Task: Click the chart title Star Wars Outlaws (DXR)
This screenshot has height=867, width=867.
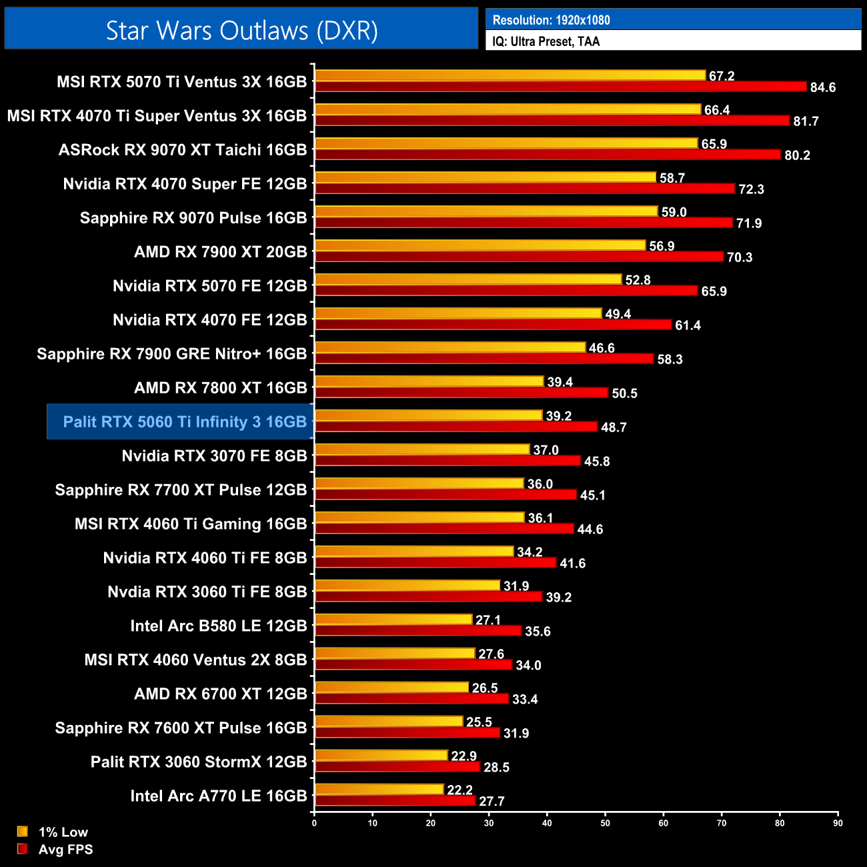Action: pos(241,31)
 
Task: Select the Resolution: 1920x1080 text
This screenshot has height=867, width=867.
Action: pos(551,20)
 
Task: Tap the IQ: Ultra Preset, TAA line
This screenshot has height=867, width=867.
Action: pos(546,41)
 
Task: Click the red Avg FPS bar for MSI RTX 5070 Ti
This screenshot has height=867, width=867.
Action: pos(560,87)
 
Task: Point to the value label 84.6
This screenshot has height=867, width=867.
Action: pos(822,87)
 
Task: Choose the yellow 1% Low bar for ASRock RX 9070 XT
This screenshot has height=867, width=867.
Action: pos(506,143)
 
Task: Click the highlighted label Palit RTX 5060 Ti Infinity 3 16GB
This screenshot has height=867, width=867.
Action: pos(184,421)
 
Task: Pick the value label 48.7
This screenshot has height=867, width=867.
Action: pos(614,427)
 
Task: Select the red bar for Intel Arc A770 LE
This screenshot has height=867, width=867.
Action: pos(395,800)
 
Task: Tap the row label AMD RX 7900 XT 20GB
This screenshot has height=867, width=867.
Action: pos(220,252)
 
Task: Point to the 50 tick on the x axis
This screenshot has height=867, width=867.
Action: pos(605,823)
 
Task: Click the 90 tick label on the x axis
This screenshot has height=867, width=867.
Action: pos(838,823)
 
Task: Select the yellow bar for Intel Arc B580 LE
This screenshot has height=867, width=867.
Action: pos(393,620)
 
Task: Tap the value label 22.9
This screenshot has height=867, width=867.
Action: pos(464,756)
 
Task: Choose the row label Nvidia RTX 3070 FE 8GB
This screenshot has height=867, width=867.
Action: pos(214,456)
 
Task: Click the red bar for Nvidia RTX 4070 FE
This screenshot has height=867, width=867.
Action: pos(493,325)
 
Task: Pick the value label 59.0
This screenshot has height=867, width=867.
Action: pos(674,212)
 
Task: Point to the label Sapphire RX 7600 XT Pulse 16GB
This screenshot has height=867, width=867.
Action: pos(181,728)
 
